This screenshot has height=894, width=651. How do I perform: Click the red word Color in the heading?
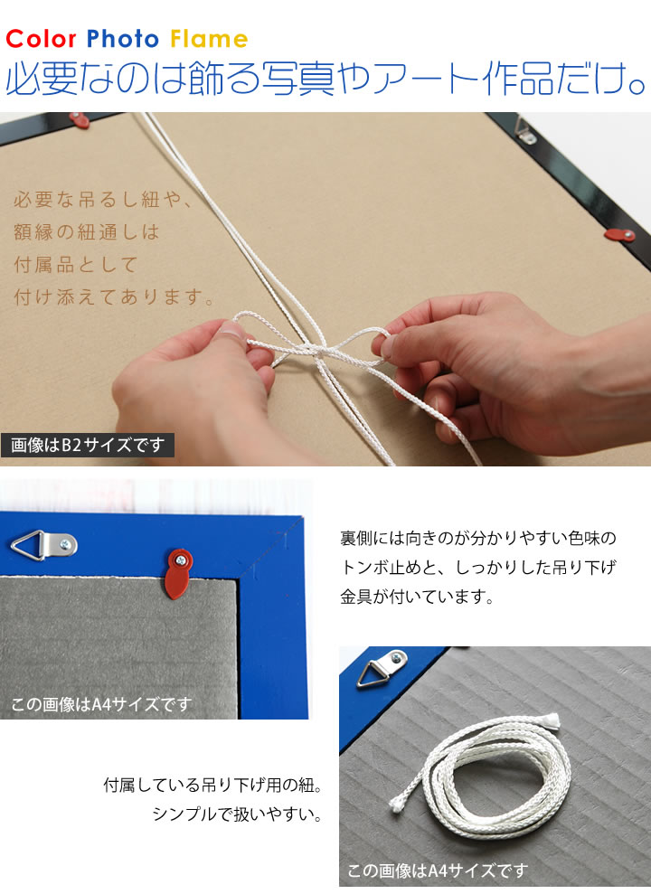pyautogui.click(x=41, y=39)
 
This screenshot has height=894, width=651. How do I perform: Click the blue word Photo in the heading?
pyautogui.click(x=123, y=39)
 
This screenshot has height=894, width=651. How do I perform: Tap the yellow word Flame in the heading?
pyautogui.click(x=209, y=39)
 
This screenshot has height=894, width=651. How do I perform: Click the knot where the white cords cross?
pyautogui.click(x=317, y=350)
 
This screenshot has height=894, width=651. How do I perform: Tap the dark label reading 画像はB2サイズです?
pyautogui.click(x=87, y=445)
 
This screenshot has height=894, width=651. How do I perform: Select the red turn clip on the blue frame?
pyautogui.click(x=178, y=573)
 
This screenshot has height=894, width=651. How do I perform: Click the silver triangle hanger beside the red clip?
pyautogui.click(x=44, y=545)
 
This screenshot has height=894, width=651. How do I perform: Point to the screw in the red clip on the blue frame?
pyautogui.click(x=181, y=560)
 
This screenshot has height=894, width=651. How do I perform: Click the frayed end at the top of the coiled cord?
pyautogui.click(x=552, y=720)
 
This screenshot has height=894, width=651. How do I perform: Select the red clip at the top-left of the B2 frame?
pyautogui.click(x=80, y=119)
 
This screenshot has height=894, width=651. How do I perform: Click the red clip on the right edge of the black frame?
pyautogui.click(x=619, y=235)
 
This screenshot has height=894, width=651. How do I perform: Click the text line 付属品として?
pyautogui.click(x=75, y=265)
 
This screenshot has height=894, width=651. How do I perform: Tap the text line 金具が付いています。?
pyautogui.click(x=418, y=597)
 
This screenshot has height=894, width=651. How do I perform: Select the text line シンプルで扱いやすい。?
pyautogui.click(x=237, y=814)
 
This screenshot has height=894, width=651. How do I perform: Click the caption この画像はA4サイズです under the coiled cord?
pyautogui.click(x=438, y=870)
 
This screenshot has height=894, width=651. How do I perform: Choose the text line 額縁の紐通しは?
pyautogui.click(x=86, y=232)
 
